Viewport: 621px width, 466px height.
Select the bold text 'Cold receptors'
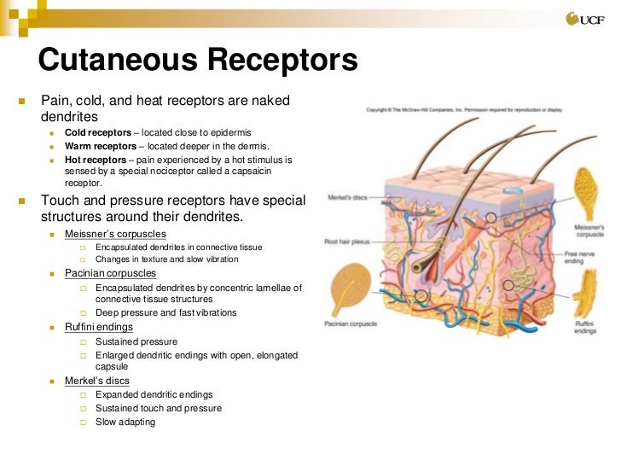[x=96, y=133]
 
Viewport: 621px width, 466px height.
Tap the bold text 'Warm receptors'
[x=98, y=146]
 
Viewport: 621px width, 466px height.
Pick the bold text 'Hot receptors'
[x=94, y=159]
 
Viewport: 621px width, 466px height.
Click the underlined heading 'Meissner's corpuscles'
[x=115, y=233]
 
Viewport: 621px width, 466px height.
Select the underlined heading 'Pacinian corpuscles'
[x=110, y=273]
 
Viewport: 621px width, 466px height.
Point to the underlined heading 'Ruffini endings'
[x=98, y=327]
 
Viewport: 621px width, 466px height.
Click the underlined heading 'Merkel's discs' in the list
[x=96, y=381]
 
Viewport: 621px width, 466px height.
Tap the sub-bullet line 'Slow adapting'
[x=125, y=422]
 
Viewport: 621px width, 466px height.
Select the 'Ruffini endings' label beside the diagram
[x=584, y=326]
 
